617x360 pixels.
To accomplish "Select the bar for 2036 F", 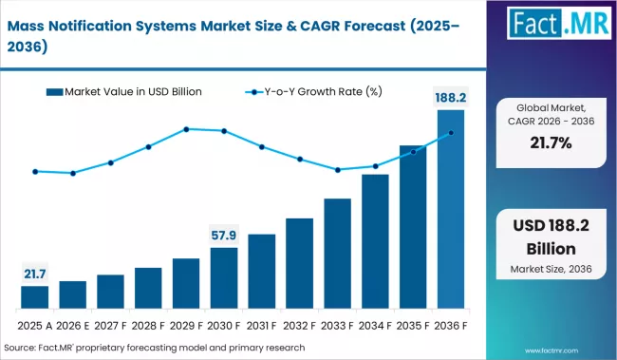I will (450, 209).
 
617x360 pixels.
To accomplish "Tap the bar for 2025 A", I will (34, 297).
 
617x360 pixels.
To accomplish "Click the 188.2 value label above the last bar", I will (451, 97).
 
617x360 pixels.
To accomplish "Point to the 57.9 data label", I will (225, 234).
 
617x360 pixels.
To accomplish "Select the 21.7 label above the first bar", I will (35, 274).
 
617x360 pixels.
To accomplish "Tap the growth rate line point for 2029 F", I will (186, 129).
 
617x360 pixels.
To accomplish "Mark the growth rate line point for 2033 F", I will (337, 170).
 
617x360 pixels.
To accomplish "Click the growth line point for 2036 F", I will (451, 133).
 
